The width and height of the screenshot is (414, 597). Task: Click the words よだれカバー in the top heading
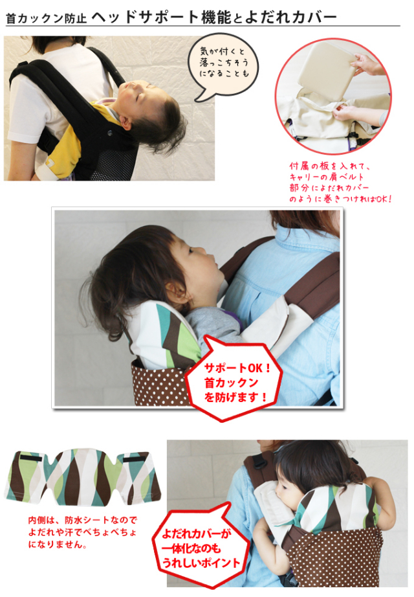point(290,17)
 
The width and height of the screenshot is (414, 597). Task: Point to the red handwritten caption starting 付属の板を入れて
point(340,183)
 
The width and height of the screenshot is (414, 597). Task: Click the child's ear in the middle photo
point(177,290)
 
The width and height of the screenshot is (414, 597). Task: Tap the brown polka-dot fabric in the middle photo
point(160,384)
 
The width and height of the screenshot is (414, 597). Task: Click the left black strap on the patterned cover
point(31,458)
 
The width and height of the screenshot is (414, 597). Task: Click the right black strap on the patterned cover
point(134,459)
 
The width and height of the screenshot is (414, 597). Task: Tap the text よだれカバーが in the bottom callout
point(197,534)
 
